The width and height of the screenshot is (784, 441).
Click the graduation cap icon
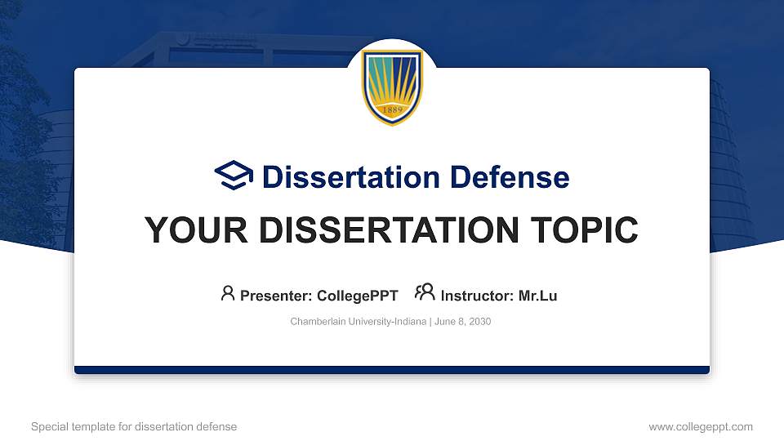[234, 176]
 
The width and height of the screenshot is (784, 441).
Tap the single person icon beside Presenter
[228, 293]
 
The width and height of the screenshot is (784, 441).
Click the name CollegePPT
[359, 296]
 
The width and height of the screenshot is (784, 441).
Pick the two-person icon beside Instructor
[425, 293]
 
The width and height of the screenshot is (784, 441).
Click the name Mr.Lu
[537, 296]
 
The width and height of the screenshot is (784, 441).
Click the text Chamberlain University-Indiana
[358, 322]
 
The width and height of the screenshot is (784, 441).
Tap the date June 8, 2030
[462, 322]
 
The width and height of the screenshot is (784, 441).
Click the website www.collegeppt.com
[701, 426]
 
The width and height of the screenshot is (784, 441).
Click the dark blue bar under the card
[392, 370]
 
